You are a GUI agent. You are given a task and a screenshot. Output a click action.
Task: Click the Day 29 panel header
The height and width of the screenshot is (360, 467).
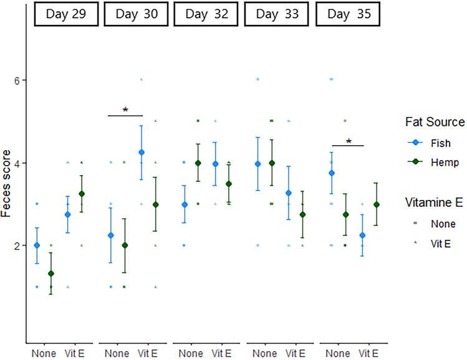coord(61,15)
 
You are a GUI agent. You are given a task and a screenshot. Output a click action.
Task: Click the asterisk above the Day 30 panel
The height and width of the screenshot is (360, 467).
coord(125,111)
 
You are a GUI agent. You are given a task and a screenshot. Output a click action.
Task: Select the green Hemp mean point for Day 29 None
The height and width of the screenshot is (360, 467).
coord(51,273)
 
